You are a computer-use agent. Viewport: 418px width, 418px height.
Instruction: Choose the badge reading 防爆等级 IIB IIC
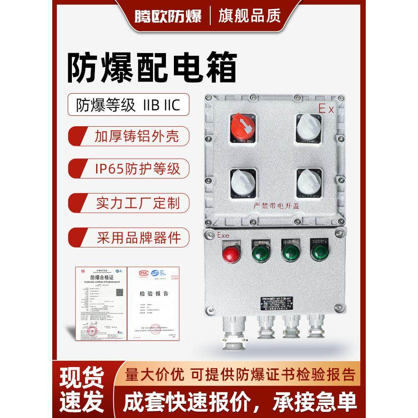(128, 104)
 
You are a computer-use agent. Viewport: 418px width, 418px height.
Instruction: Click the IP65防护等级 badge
(128, 168)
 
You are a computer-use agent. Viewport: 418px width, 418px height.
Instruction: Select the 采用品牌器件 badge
(128, 237)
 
